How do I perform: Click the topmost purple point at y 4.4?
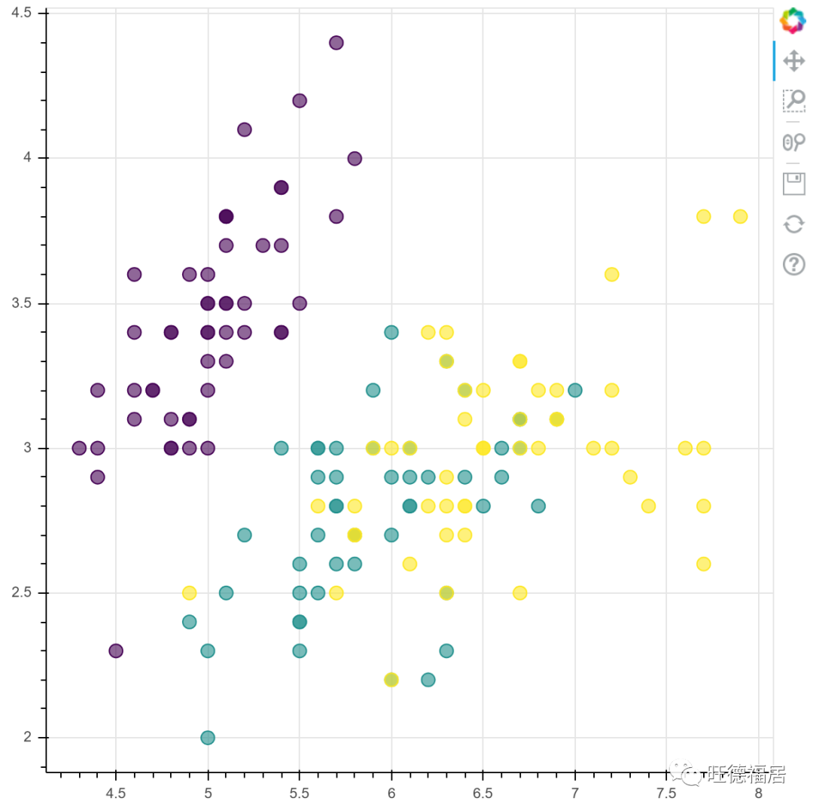(x=336, y=43)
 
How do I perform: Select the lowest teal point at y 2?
(x=208, y=738)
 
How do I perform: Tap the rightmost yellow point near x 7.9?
(x=740, y=216)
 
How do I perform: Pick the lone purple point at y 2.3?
(x=116, y=650)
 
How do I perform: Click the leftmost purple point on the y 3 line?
(x=79, y=448)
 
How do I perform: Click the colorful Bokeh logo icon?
(x=793, y=20)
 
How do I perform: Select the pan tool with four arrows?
(x=794, y=61)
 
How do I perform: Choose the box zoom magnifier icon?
(x=794, y=101)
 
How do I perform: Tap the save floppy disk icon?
(x=794, y=183)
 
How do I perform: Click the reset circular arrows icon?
(x=794, y=224)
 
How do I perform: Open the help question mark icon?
(x=794, y=264)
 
